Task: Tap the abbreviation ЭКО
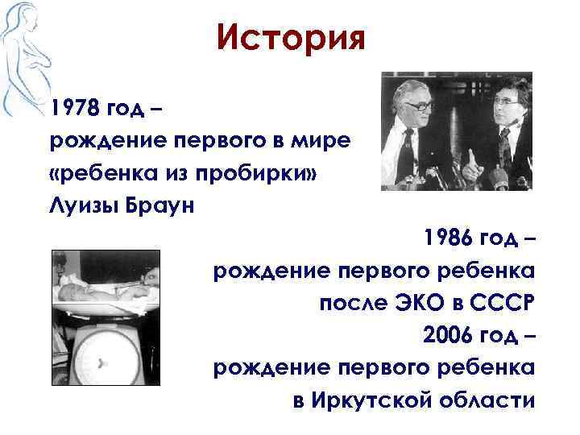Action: (414, 303)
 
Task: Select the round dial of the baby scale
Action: (102, 361)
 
